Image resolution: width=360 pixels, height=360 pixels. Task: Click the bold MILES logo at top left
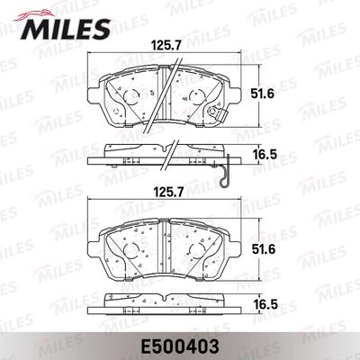[66, 29]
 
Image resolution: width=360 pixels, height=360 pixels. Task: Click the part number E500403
[179, 347]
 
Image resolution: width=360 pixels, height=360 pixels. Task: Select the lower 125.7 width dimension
[167, 193]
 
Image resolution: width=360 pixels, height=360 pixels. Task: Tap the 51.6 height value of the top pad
[263, 94]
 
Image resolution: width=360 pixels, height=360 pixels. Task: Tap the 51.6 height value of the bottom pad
[263, 249]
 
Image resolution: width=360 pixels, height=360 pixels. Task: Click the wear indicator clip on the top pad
[215, 112]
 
